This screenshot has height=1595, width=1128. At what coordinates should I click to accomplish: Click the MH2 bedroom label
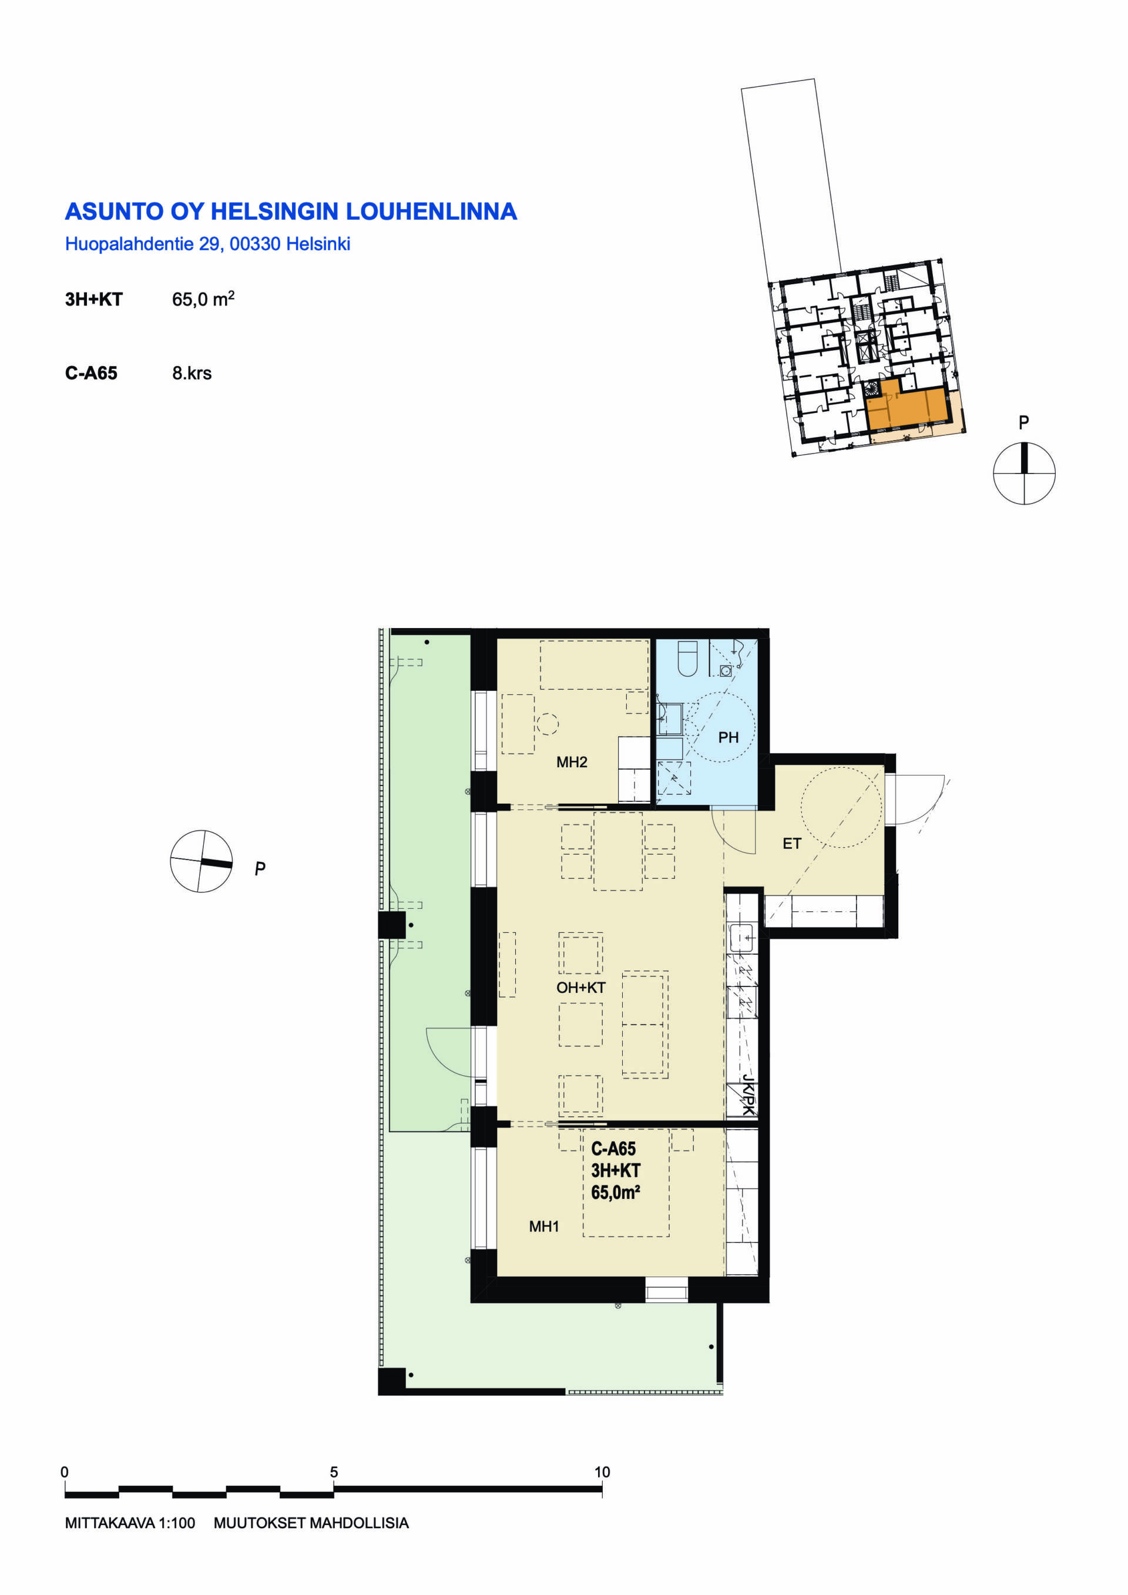tap(572, 762)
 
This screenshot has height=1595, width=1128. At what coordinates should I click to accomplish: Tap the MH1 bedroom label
tap(544, 1226)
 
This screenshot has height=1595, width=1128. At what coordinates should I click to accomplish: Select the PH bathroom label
tap(728, 737)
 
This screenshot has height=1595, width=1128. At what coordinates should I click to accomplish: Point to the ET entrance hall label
tap(792, 844)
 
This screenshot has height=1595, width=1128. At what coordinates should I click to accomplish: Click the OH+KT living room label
tap(580, 987)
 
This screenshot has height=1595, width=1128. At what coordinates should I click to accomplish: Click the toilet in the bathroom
tap(687, 659)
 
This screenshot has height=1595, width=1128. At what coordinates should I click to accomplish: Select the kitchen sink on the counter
tap(741, 937)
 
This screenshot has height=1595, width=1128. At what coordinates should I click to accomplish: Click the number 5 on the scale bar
tap(334, 1472)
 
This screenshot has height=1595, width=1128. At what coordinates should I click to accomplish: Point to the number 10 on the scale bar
tap(602, 1472)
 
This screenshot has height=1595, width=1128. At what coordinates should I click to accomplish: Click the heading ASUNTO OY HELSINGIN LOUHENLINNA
tap(291, 211)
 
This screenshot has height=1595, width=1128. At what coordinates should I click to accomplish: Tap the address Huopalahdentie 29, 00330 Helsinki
tap(207, 244)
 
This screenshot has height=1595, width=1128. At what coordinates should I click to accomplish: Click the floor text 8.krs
tap(192, 373)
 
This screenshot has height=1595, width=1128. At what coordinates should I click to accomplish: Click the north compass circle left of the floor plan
tap(202, 861)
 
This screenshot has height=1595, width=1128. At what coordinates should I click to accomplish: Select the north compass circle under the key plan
tap(1024, 473)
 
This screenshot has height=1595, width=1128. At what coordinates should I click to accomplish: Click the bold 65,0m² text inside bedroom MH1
tap(615, 1193)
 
